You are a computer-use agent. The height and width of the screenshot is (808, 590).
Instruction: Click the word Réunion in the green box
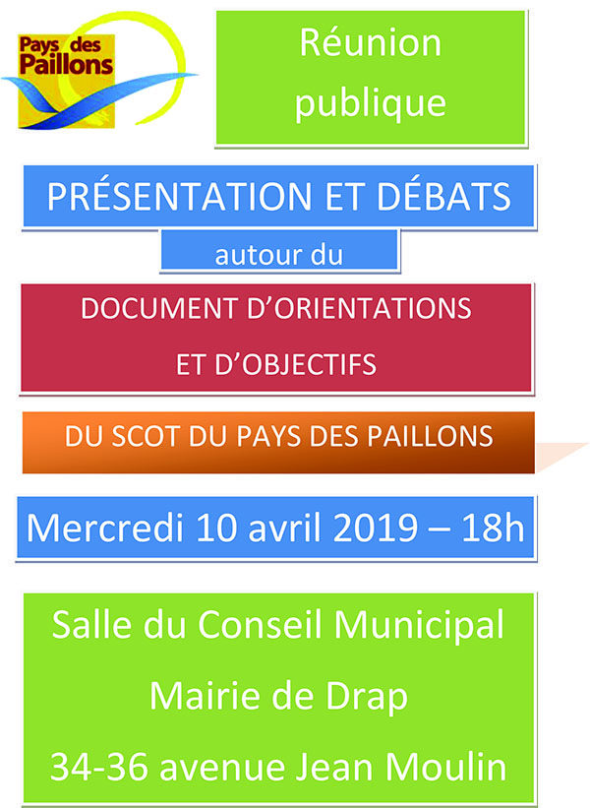tap(371, 42)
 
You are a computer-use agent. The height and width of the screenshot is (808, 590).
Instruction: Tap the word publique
tap(371, 104)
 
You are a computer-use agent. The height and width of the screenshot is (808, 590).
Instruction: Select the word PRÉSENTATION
tap(179, 196)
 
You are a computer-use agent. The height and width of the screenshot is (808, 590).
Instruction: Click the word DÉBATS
tap(443, 196)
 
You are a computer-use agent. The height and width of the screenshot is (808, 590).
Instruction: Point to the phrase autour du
tap(278, 255)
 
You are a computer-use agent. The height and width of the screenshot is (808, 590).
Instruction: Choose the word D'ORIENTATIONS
tap(359, 308)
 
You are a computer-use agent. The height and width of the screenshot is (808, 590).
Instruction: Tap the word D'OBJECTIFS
tap(296, 364)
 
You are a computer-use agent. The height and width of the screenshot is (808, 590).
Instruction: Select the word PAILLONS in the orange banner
tap(430, 436)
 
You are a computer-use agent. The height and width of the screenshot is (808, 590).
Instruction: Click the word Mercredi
tap(105, 528)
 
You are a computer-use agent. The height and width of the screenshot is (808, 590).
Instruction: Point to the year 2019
tap(375, 528)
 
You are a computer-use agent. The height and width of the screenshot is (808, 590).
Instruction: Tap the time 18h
tap(493, 528)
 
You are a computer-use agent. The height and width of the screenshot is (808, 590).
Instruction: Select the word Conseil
tap(262, 625)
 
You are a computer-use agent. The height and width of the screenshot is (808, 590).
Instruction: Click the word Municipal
tap(419, 626)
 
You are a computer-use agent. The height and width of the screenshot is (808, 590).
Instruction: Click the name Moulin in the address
tap(445, 768)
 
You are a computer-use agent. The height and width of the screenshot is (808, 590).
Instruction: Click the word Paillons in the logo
tap(66, 65)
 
